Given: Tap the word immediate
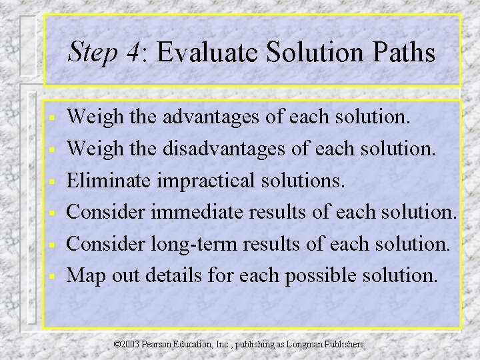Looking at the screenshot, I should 199,212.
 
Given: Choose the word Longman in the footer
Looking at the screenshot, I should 310,345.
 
